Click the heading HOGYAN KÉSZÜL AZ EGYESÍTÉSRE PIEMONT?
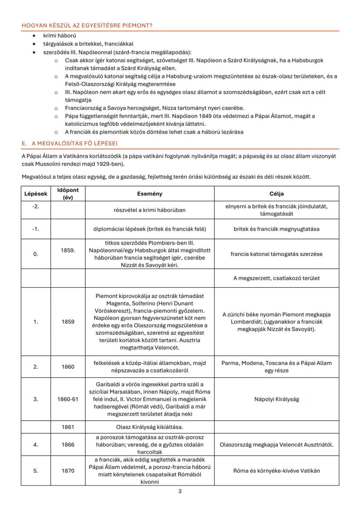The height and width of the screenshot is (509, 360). (87, 26)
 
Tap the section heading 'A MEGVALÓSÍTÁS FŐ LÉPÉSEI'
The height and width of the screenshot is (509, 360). (70, 143)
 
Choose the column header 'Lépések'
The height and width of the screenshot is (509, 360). (35, 193)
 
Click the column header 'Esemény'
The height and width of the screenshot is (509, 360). (150, 193)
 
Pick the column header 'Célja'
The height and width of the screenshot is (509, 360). (276, 193)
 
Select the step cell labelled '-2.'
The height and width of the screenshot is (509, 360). (35, 206)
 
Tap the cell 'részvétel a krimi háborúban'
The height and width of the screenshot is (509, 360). (150, 210)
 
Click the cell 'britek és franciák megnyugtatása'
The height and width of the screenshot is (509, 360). (276, 229)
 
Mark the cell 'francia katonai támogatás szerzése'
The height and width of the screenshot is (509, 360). (276, 254)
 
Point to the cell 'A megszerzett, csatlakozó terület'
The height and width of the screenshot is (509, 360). (276, 279)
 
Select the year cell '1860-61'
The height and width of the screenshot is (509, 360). (67, 399)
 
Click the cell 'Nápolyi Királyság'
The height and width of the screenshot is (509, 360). (276, 399)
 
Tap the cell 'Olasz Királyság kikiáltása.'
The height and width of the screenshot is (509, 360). (150, 427)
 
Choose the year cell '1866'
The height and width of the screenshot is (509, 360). (67, 445)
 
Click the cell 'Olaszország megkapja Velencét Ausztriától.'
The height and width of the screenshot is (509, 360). (276, 445)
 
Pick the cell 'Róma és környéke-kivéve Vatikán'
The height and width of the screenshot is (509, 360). (276, 471)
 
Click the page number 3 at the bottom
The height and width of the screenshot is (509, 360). (180, 492)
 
